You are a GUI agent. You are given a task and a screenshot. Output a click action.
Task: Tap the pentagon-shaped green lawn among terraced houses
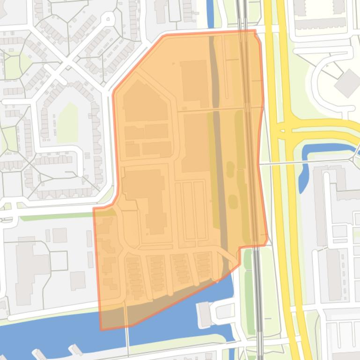coord(68,122)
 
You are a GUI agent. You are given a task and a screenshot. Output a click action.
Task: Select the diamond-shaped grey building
coord(347,83)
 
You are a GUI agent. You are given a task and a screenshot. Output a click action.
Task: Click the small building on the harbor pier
coord(205,314)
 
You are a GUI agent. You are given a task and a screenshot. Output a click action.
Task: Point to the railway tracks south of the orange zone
coord(258,299)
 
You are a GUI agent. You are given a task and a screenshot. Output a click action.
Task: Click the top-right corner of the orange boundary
coord(255,31)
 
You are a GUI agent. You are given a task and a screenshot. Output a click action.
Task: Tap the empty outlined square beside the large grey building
coord(59,260)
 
